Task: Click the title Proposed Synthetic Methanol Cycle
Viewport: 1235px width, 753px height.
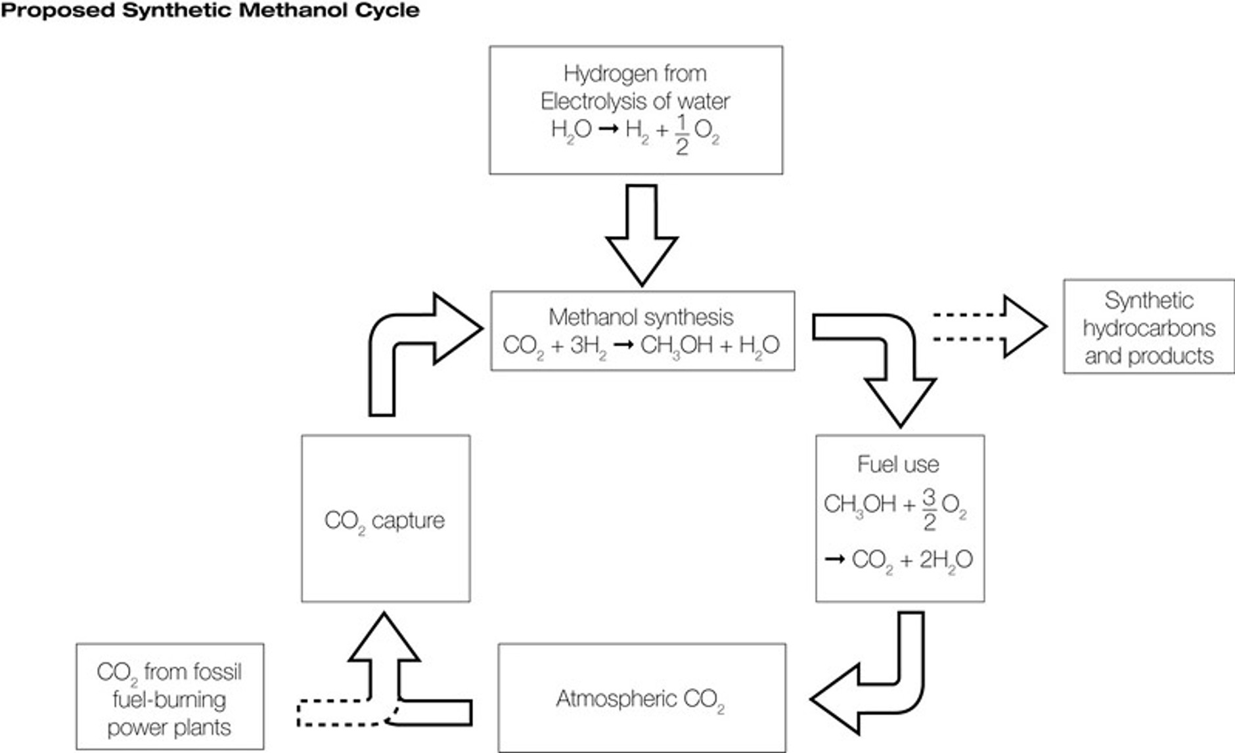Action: click(210, 11)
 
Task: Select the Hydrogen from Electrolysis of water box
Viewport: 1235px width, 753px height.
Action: click(636, 110)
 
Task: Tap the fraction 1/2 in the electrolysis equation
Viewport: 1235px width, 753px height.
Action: click(682, 134)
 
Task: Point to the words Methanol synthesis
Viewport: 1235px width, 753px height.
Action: click(640, 317)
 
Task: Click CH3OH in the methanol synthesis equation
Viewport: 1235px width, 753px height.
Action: click(675, 346)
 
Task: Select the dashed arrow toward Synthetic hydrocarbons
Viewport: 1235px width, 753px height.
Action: click(989, 327)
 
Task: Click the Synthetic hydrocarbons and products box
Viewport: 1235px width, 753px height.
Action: click(1148, 327)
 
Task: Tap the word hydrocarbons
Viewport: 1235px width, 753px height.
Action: click(1148, 328)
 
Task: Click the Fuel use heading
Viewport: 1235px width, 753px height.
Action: click(898, 465)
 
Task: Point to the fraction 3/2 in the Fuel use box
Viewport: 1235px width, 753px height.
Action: click(929, 509)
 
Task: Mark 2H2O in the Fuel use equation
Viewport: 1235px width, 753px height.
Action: click(946, 560)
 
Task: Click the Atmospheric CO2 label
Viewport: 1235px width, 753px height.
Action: click(640, 699)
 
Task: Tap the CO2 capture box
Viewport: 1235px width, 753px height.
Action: click(386, 518)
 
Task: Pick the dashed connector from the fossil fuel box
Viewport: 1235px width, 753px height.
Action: click(335, 713)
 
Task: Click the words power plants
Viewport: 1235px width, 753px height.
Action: click(169, 728)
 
